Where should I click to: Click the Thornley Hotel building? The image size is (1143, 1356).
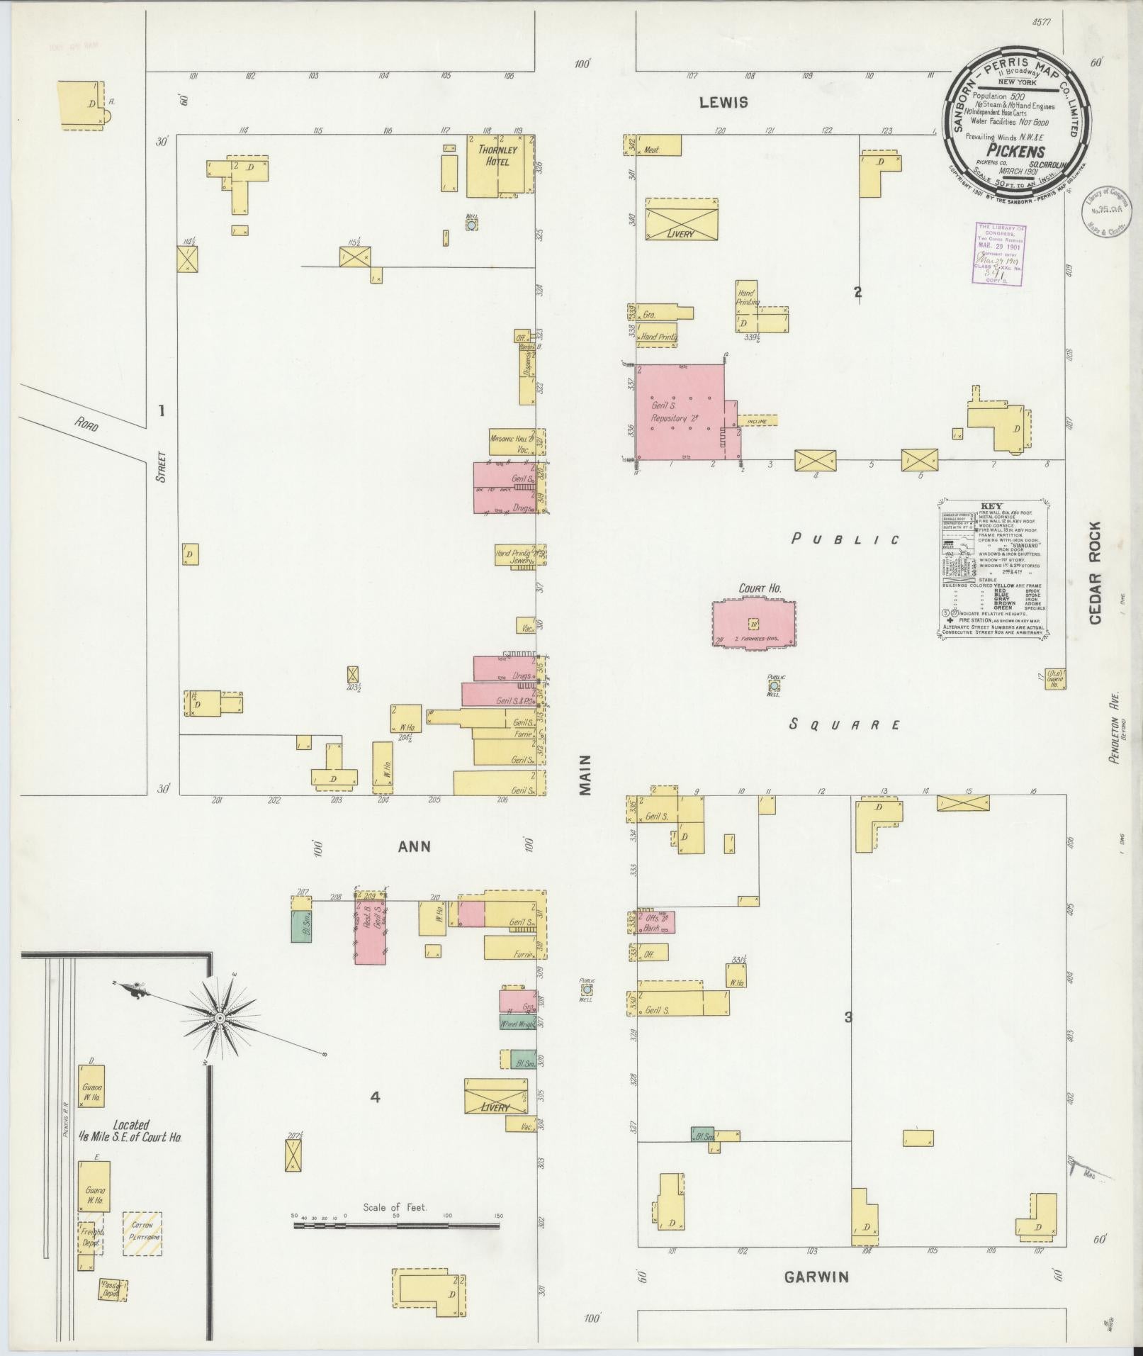coord(499,165)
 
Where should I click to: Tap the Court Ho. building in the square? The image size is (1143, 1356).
coord(754,623)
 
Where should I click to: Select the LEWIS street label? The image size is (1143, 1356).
coord(723,103)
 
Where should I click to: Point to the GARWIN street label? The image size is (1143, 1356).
coord(816,1277)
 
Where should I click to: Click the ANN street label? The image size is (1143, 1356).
coord(415,846)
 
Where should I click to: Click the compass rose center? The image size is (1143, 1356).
coord(220,1018)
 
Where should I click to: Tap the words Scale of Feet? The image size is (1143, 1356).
coord(395,1207)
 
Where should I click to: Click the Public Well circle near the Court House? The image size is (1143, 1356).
coord(774,685)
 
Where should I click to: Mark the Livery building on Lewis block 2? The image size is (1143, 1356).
coord(681,220)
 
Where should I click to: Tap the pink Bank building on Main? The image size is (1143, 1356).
coord(655,922)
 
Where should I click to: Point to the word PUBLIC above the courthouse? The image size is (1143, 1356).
coord(845,539)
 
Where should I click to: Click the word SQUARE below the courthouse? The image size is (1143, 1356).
coord(845,724)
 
